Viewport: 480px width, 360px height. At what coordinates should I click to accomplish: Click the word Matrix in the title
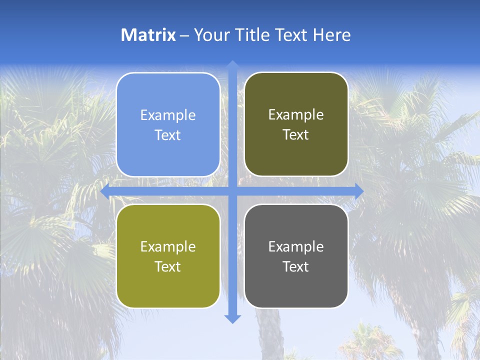click(148, 35)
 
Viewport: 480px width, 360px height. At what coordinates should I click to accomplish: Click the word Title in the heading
click(250, 35)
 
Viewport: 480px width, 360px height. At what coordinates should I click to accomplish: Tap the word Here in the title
click(331, 35)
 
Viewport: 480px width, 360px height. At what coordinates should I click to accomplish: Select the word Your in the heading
click(210, 35)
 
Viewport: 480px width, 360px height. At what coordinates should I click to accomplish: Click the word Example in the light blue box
click(168, 115)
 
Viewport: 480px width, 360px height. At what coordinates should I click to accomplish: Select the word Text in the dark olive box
click(296, 135)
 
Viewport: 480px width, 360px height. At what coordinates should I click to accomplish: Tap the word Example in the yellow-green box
click(168, 247)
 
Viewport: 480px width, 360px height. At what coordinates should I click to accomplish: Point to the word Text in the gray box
click(296, 266)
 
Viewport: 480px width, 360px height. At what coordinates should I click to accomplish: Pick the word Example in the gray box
click(296, 247)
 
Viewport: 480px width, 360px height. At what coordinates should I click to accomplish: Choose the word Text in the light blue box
click(168, 135)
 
